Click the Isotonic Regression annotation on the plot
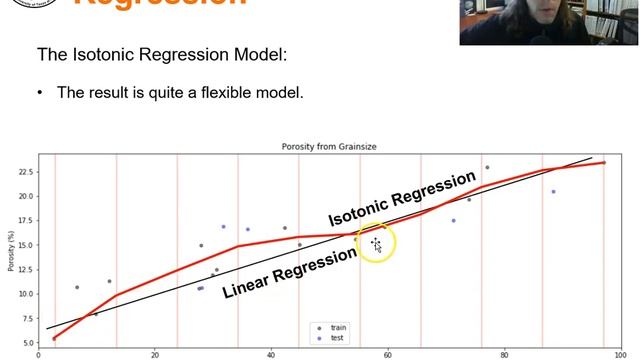(402, 199)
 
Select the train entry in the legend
(337, 327)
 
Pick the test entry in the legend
(336, 337)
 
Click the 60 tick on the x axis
(387, 353)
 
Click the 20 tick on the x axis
(154, 353)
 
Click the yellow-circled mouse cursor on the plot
(377, 244)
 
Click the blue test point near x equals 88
(553, 192)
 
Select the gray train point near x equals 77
(487, 168)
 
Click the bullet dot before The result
(41, 92)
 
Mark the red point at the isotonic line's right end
(604, 162)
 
